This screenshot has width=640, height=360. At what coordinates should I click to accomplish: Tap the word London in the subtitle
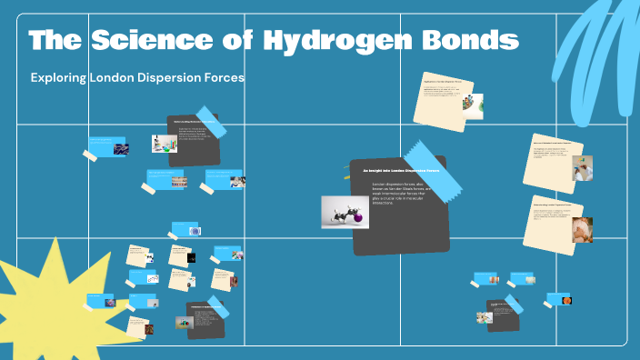coord(113,78)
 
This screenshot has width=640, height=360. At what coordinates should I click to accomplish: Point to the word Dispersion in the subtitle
coord(172,78)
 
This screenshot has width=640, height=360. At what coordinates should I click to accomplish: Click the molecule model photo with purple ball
coord(345,212)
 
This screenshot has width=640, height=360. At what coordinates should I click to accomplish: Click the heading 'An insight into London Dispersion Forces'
coord(401,170)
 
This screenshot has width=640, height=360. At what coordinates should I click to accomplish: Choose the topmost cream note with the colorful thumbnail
coord(445,99)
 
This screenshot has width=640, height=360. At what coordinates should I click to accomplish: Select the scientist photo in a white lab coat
coord(582,167)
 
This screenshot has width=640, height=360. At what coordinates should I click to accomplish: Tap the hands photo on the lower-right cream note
coord(582,229)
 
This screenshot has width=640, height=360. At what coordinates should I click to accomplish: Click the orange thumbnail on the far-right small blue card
coord(567,298)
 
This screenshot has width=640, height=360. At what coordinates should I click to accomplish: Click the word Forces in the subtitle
coord(225,78)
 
